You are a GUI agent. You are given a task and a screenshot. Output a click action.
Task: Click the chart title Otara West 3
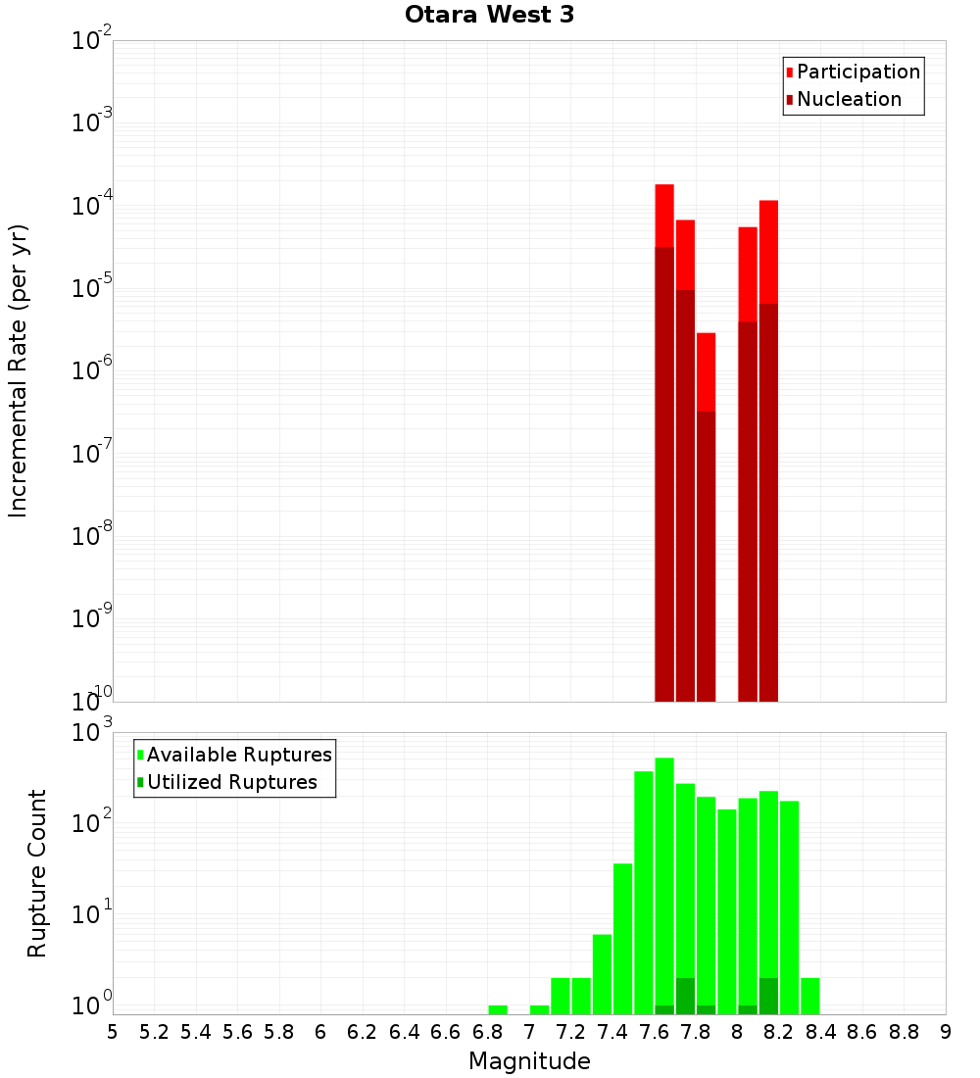pos(489,16)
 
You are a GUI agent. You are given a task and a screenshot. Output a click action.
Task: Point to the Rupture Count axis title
pos(37,873)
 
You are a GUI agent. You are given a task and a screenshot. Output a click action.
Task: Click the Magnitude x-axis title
pos(529,1061)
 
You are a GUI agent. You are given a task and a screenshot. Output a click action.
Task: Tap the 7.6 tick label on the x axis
pos(654,1032)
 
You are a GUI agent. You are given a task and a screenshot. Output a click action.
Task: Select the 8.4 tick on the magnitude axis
pos(820,1032)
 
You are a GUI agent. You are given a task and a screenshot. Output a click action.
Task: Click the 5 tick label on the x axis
pos(113,1032)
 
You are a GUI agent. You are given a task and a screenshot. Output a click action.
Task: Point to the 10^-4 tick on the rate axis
pos(92,206)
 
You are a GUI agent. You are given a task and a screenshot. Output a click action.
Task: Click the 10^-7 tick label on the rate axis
pos(92,454)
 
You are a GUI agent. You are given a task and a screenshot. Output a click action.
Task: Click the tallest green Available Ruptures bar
pos(664,882)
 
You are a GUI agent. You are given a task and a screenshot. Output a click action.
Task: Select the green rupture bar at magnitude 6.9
pos(498,1009)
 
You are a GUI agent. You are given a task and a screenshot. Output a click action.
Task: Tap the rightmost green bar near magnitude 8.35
pos(810,996)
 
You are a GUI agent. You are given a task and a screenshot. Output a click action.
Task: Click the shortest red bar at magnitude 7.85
pos(707,371)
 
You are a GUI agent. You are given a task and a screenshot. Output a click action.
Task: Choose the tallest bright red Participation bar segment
pos(664,216)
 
